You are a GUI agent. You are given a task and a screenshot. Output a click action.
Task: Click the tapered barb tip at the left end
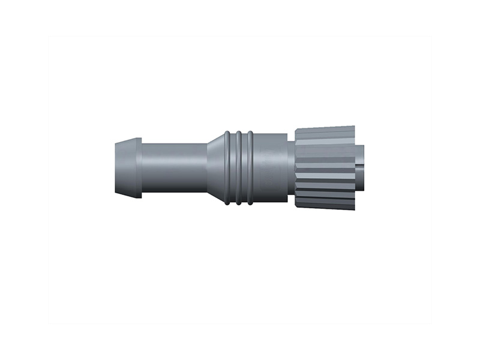122,167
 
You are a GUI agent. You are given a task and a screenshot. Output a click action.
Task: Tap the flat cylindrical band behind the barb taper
137,167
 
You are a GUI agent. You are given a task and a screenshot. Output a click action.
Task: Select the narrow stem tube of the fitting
174,167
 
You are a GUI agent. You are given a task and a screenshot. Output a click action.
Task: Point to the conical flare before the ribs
215,167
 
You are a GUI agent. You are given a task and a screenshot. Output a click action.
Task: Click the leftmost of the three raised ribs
227,167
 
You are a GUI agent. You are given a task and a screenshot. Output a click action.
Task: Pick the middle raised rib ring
239,167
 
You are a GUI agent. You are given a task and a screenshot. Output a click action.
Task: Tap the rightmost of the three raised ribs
250,167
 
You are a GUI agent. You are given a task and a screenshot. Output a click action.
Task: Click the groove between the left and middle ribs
233,167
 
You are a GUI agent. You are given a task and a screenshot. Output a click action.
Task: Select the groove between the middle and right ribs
244,167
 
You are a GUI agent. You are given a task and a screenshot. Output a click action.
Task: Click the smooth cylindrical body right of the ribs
270,167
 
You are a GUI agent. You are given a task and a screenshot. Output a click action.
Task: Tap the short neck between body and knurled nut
290,167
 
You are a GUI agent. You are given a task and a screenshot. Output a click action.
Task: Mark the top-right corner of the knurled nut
354,127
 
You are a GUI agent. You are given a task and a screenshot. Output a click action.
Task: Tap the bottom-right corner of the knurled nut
354,209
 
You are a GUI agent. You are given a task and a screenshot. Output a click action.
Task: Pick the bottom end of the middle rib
239,203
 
